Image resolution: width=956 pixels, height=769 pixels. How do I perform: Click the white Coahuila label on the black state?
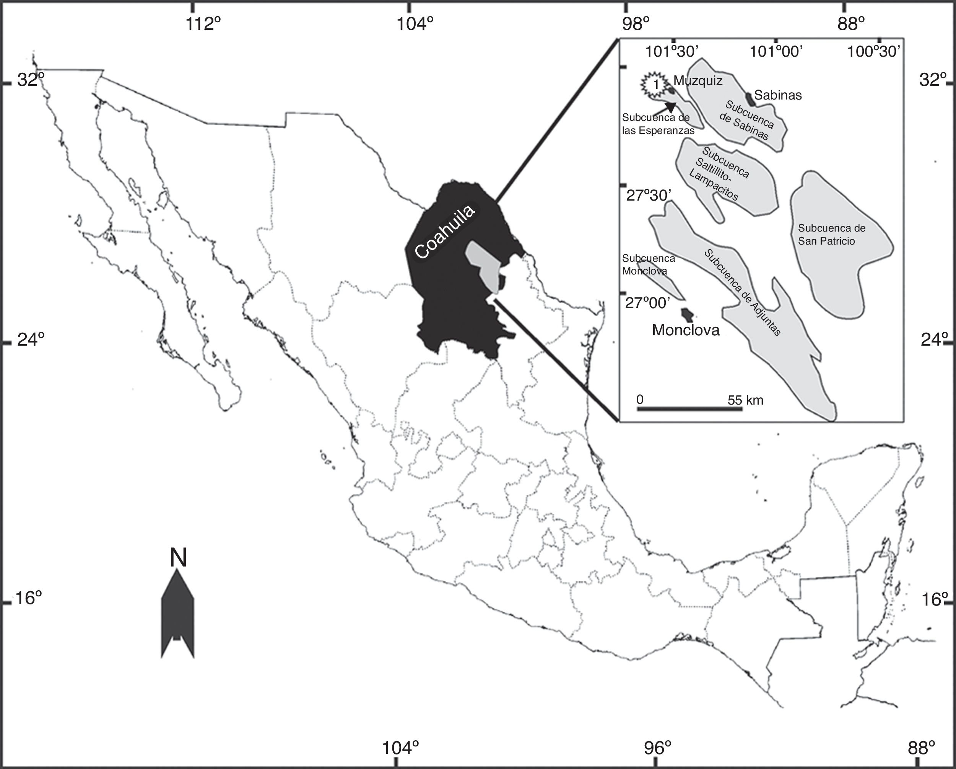[445, 231]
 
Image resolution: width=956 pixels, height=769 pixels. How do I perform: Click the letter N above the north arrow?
[178, 558]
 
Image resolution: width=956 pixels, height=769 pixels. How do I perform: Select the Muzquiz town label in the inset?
[698, 81]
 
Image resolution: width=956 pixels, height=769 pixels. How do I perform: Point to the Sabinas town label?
[778, 95]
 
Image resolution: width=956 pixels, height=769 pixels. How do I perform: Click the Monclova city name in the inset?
[686, 330]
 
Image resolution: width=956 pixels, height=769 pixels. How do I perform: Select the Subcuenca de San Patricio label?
[831, 234]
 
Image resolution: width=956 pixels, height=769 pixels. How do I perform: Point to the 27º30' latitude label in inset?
[649, 195]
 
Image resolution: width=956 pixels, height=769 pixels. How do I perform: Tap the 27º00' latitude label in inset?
[648, 303]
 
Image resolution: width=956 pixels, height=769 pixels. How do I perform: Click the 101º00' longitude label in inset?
[776, 52]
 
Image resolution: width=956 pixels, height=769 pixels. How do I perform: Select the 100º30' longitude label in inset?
[873, 52]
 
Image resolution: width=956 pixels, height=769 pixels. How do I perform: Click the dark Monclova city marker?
[687, 315]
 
